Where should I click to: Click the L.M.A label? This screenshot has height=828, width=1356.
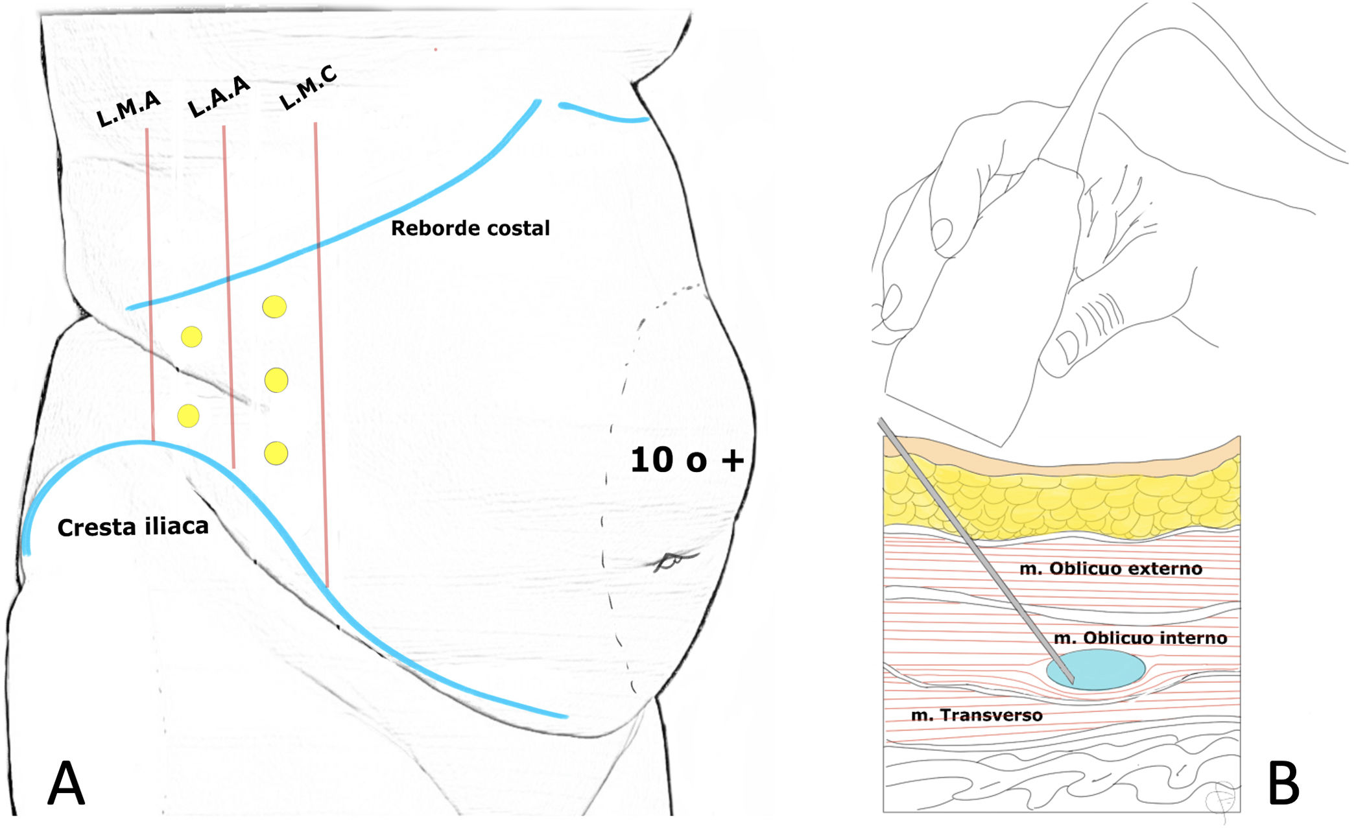[x=128, y=108]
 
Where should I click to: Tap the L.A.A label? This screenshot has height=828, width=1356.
[x=219, y=97]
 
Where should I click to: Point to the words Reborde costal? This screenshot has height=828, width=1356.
[x=470, y=228]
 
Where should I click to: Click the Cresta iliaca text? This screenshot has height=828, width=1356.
[x=133, y=526]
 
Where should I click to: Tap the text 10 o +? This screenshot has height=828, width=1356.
[x=687, y=460]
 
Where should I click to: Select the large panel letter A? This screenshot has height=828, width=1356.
[x=66, y=783]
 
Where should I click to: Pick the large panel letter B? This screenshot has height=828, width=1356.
[x=1283, y=783]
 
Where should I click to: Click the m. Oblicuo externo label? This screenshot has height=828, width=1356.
[x=1110, y=569]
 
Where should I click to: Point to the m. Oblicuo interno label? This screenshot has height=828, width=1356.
[x=1140, y=638]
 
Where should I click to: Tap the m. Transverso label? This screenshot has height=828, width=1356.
[x=977, y=715]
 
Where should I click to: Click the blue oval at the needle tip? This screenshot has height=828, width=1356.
[x=1102, y=669]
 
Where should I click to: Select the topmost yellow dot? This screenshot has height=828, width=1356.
[x=274, y=307]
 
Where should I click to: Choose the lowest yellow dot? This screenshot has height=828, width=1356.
[x=276, y=453]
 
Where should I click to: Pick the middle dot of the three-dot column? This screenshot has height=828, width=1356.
[x=277, y=381]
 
